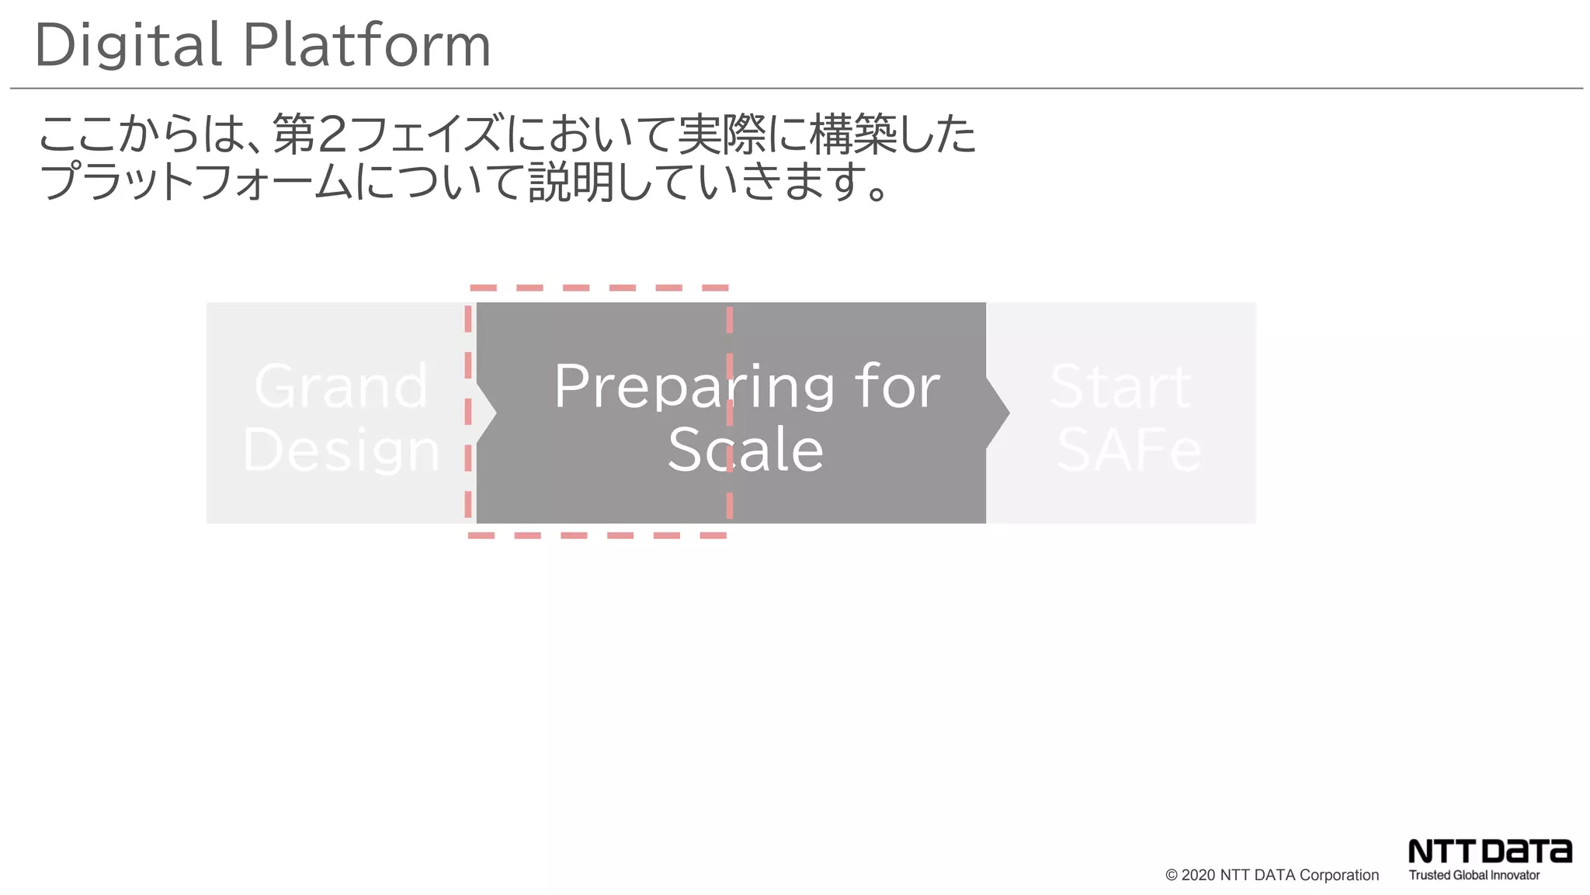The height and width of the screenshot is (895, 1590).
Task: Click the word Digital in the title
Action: point(128,45)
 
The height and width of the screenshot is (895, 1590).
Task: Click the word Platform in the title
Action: point(367,45)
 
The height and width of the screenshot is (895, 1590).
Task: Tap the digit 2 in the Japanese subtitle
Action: point(332,134)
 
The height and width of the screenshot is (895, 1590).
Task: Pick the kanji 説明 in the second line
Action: point(571,182)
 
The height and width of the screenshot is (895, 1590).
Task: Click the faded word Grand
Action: point(341,385)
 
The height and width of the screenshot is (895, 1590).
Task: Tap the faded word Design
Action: point(341,451)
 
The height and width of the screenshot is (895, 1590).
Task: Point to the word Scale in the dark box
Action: point(745,451)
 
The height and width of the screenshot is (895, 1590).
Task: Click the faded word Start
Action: point(1120,386)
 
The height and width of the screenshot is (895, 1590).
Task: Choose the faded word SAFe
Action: point(1129,451)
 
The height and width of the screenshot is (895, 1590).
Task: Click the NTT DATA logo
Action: point(1490,851)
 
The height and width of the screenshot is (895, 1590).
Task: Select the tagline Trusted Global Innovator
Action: point(1474,876)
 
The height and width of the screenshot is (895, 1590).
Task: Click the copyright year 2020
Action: point(1198,876)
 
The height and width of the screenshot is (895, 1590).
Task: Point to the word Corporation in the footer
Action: point(1339,876)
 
